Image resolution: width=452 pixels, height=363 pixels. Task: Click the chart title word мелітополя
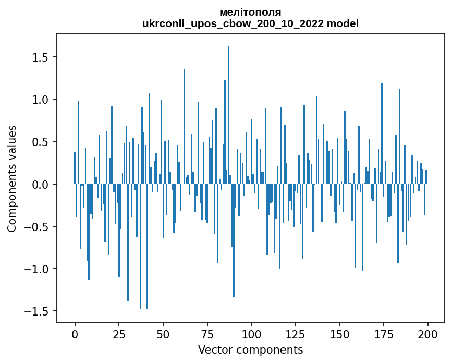[250, 12]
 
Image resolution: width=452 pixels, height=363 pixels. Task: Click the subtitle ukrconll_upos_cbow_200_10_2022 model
[250, 23]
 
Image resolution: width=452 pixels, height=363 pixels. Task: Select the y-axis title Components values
[12, 178]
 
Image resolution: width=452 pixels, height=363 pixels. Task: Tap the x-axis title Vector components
[250, 349]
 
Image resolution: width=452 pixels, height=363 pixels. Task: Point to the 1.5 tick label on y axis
[42, 57]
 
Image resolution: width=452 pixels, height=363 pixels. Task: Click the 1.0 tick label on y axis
[42, 100]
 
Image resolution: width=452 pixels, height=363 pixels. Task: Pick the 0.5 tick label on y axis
[42, 142]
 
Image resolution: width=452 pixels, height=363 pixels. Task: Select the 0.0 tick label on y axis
[42, 185]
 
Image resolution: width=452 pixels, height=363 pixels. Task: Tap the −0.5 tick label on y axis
[38, 227]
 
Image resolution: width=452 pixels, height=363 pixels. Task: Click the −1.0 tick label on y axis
[38, 269]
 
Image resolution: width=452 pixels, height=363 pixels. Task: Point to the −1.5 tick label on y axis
[38, 312]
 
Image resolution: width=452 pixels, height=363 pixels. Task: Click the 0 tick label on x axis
[75, 334]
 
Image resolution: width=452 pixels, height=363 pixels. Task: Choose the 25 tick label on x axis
[119, 334]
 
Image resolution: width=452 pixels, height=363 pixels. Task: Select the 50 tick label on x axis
[163, 334]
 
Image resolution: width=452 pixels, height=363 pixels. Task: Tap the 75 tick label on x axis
[207, 334]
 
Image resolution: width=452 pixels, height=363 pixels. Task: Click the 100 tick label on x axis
[251, 334]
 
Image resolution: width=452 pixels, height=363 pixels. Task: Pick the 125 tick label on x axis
[296, 334]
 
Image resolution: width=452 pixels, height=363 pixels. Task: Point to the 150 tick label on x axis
[340, 334]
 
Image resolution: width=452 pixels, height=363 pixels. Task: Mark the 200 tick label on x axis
[427, 334]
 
